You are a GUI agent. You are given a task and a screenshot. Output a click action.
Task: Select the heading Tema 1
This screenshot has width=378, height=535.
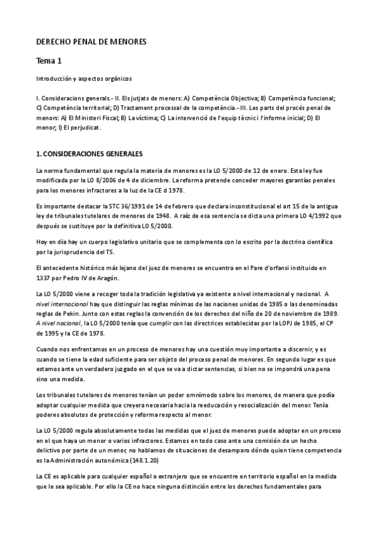tap(50, 61)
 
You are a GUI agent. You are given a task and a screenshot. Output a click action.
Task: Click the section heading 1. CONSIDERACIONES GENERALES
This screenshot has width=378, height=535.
tap(90, 154)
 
